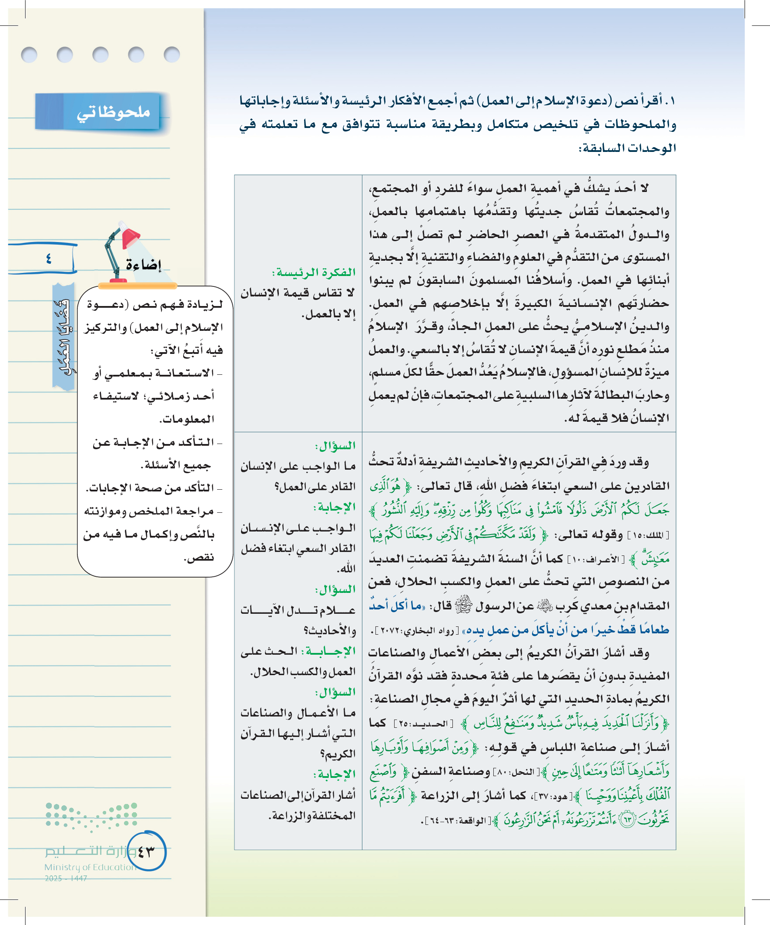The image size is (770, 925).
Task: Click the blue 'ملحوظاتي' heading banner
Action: coord(98,111)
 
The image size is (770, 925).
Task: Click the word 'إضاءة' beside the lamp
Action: coord(144,265)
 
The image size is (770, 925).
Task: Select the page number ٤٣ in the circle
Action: coord(146,851)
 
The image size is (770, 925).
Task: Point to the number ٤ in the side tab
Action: coord(48,259)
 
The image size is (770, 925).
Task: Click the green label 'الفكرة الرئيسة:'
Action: coord(314,272)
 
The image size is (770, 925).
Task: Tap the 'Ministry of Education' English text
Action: coord(90,867)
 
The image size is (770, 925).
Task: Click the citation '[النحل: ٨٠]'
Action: coord(516,772)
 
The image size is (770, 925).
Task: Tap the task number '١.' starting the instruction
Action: coord(669,101)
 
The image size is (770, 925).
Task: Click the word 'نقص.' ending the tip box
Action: coord(198,558)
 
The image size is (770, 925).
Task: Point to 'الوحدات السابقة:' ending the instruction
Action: coord(627,148)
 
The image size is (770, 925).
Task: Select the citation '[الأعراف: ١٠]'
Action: coord(595,559)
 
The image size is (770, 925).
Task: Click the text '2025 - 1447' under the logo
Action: coord(66,878)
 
